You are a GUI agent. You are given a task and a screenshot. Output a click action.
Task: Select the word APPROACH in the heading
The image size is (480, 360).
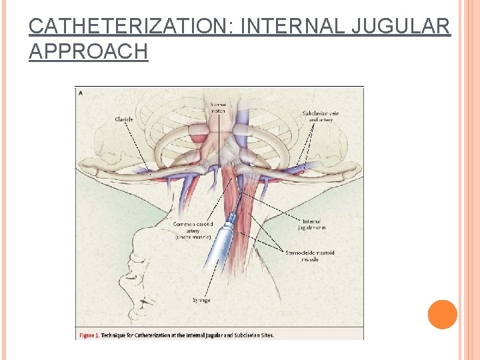pos(88,52)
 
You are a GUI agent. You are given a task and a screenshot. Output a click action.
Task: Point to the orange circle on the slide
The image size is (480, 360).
pos(442,314)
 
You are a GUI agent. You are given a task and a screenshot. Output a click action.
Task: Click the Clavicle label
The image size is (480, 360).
pos(124,119)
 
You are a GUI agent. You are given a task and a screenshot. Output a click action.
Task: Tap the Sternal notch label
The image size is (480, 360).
pos(218,107)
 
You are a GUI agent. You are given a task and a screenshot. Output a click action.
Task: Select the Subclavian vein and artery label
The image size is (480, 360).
pos(320,117)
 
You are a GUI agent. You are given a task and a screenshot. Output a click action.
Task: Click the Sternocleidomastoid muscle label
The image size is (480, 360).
pos(310,256)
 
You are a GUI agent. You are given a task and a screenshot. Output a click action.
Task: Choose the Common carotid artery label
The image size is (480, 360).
pos(193,230)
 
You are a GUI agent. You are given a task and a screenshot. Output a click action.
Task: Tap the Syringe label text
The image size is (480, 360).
pos(201,300)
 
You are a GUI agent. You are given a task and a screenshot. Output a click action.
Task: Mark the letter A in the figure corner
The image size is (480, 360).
pos(81,93)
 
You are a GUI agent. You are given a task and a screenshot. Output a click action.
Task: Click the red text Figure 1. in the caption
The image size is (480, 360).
pos(89,335)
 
